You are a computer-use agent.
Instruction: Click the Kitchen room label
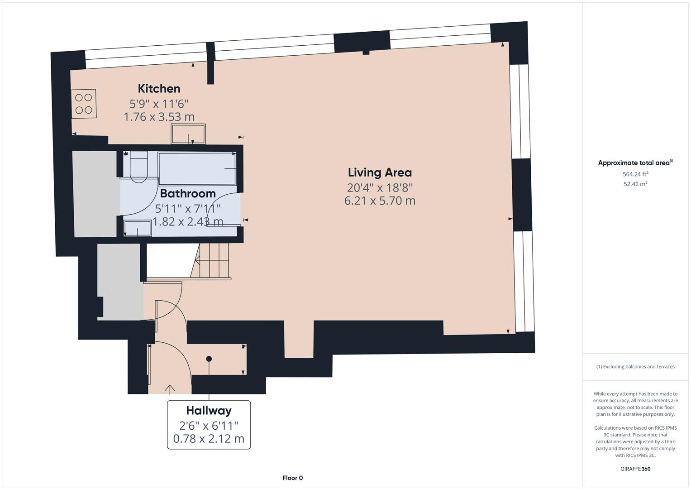coord(159,88)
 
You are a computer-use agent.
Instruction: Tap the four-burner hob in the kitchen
coord(84,104)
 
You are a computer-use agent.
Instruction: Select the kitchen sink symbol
coord(188,134)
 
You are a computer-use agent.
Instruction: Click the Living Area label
coord(380,173)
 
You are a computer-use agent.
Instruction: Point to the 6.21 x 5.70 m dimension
coord(380,201)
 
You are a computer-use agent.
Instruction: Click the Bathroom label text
coord(187,193)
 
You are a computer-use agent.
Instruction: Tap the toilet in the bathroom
coord(138,168)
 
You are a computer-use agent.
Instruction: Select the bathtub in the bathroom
coord(197,168)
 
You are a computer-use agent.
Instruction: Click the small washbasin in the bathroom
coord(138,228)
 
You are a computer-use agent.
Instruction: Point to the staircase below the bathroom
coord(213,261)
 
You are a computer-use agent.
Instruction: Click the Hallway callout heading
coord(209,411)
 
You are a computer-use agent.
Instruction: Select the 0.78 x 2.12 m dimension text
coord(209,439)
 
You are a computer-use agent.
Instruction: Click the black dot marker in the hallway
coord(209,359)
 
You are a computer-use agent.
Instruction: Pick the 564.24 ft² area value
coord(635,174)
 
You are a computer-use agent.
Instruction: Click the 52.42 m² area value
coord(635,184)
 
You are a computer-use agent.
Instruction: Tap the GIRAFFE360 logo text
coord(635,469)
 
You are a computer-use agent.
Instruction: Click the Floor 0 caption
coord(292,478)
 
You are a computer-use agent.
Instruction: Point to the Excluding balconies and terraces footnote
coord(635,367)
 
